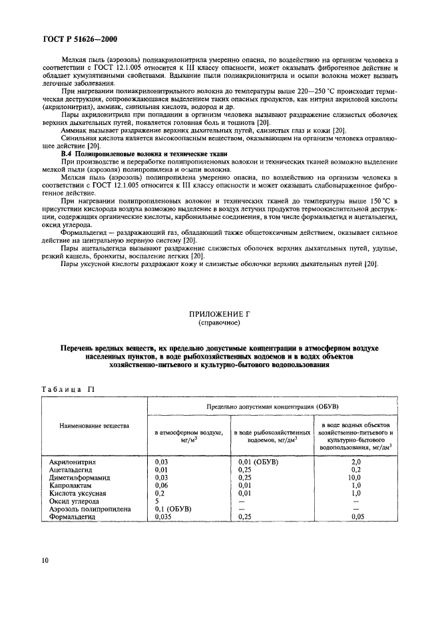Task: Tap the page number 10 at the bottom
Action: click(45, 560)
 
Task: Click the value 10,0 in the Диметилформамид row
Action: click(355, 477)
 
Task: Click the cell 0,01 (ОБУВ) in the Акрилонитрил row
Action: click(258, 461)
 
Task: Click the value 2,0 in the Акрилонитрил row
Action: click(355, 461)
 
